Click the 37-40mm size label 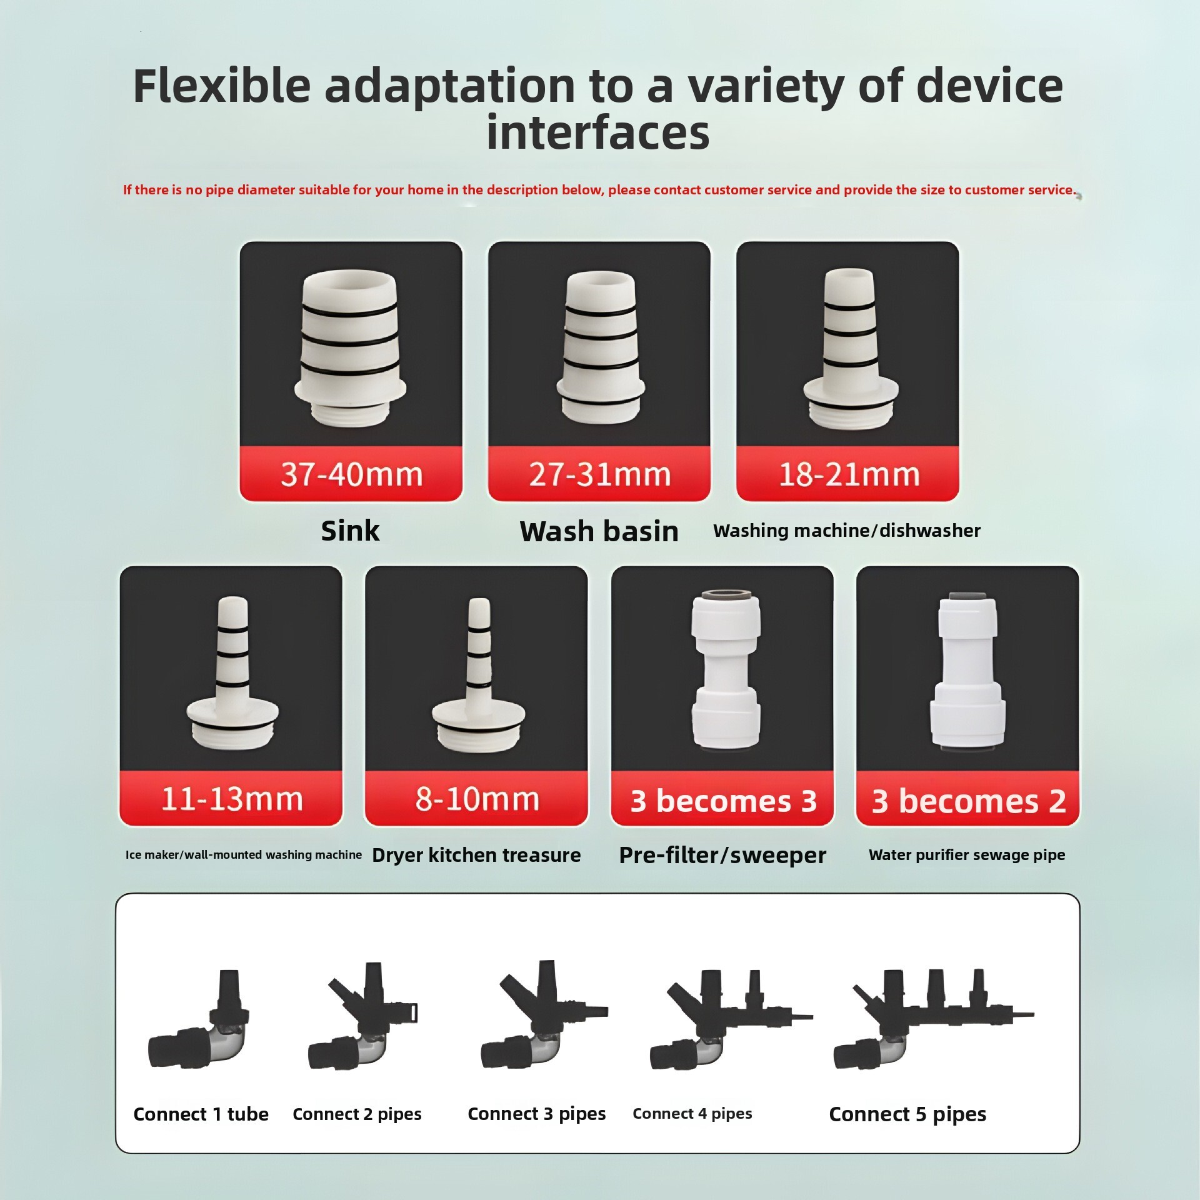pyautogui.click(x=351, y=474)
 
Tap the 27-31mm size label pyautogui.click(x=599, y=474)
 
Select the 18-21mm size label pyautogui.click(x=848, y=474)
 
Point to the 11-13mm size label pyautogui.click(x=231, y=799)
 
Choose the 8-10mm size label pyautogui.click(x=477, y=799)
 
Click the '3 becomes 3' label pyautogui.click(x=723, y=801)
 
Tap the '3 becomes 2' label pyautogui.click(x=968, y=801)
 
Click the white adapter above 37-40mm pyautogui.click(x=350, y=347)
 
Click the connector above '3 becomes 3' pyautogui.click(x=726, y=669)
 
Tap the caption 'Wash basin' pyautogui.click(x=599, y=531)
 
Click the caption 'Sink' pyautogui.click(x=350, y=531)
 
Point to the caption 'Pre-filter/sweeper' pyautogui.click(x=722, y=855)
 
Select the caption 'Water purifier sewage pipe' pyautogui.click(x=967, y=854)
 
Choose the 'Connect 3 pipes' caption pyautogui.click(x=536, y=1114)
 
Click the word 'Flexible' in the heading pyautogui.click(x=222, y=86)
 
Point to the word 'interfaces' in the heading pyautogui.click(x=598, y=132)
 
